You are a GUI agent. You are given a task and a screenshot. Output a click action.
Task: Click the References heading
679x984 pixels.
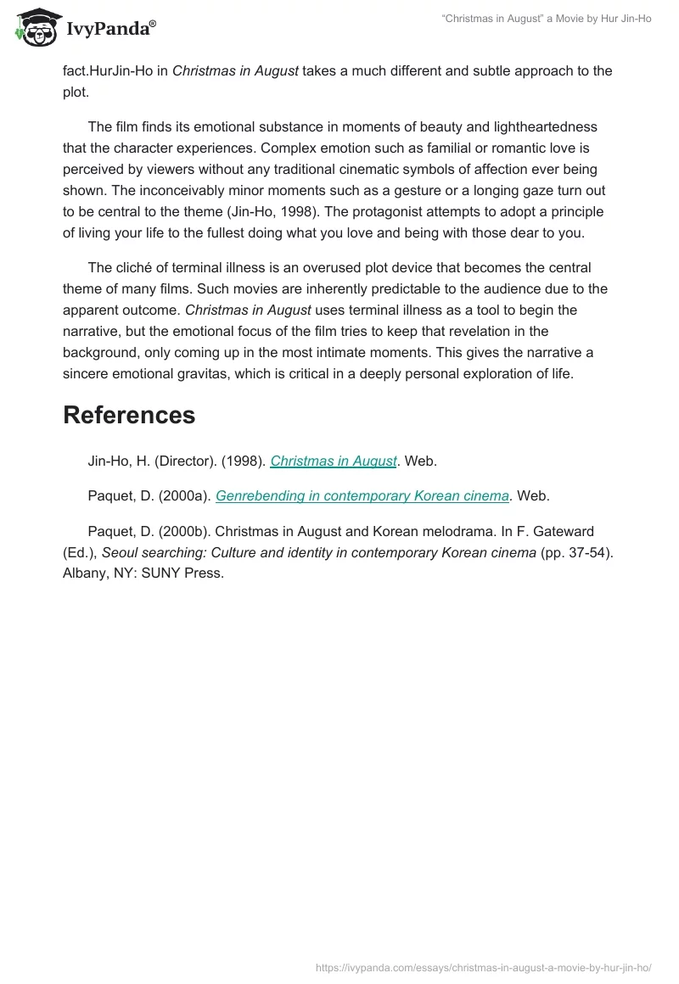pyautogui.click(x=129, y=415)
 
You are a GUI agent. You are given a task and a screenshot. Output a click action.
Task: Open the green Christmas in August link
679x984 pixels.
pyautogui.click(x=334, y=461)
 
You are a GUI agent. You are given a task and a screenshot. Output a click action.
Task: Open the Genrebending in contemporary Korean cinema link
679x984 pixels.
pyautogui.click(x=362, y=496)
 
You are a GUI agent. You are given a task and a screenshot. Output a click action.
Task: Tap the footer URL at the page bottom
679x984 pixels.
pyautogui.click(x=483, y=966)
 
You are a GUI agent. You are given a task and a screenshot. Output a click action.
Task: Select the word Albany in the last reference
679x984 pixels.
pyautogui.click(x=85, y=573)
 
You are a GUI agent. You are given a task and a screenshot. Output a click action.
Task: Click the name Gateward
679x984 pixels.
pyautogui.click(x=562, y=531)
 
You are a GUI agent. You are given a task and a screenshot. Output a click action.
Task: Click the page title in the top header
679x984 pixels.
pyautogui.click(x=547, y=19)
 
